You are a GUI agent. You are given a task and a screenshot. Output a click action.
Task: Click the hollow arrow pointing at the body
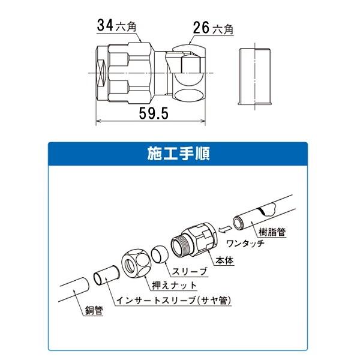[226, 229]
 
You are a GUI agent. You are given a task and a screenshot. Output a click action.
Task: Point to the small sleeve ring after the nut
[158, 254]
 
